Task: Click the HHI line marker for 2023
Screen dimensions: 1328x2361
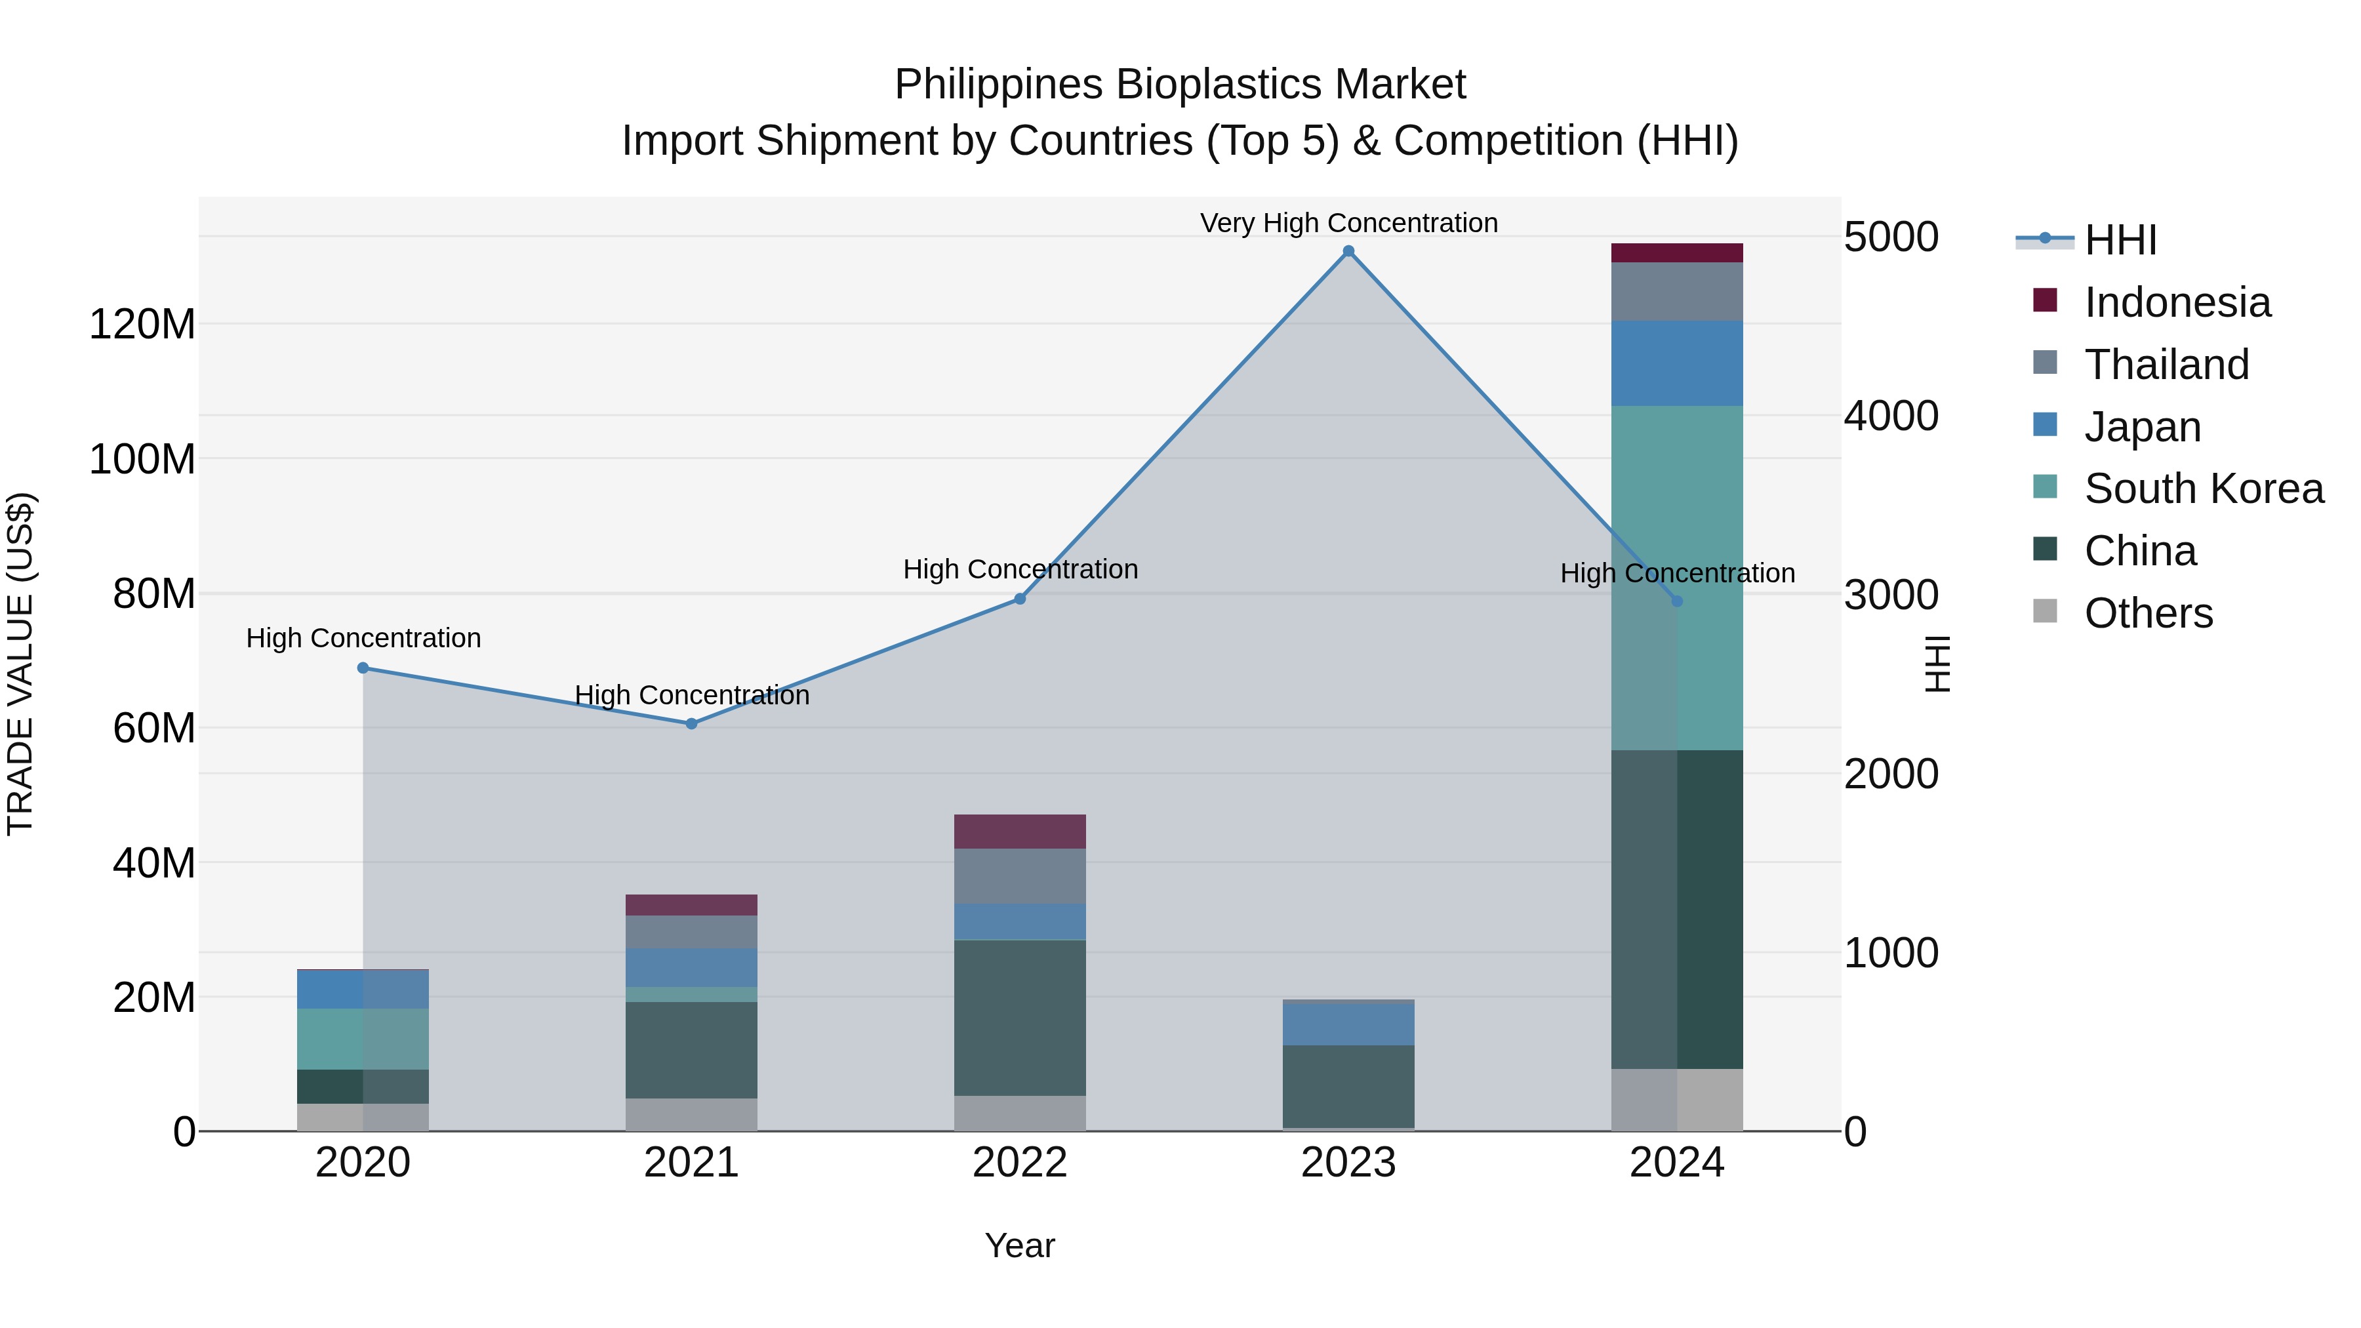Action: (1348, 251)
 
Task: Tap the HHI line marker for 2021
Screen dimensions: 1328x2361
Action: (692, 723)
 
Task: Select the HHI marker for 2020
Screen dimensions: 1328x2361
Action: (363, 668)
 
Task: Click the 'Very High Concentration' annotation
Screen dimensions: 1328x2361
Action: (1348, 223)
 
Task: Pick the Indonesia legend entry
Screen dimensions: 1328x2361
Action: (2177, 302)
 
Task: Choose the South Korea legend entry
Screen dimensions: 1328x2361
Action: (2204, 489)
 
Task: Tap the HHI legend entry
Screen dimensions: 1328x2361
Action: (2119, 240)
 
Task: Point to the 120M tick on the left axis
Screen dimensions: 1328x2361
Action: (142, 325)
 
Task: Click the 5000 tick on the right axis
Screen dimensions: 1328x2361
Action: (1891, 237)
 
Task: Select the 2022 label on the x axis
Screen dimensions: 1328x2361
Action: (1019, 1163)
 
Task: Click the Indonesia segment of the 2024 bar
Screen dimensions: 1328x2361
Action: (1676, 253)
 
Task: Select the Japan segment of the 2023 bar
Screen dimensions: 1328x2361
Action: (1348, 1024)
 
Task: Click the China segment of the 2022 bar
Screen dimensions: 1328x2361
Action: (1019, 1017)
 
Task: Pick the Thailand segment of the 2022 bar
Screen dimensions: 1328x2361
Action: (1019, 876)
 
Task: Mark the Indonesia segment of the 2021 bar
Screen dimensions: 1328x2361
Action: (692, 904)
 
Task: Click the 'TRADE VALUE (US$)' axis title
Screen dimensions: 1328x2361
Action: (20, 664)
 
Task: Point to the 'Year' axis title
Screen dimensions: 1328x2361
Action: (1019, 1247)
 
